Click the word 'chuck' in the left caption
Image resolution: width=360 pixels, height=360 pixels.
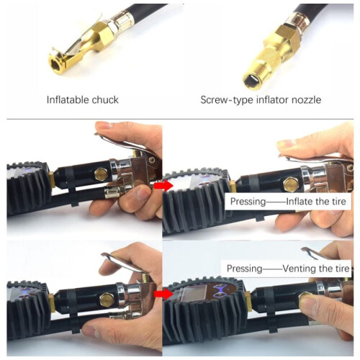[105, 99]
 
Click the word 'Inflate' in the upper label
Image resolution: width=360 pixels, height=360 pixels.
[300, 202]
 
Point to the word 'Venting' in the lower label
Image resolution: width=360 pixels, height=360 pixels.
[297, 269]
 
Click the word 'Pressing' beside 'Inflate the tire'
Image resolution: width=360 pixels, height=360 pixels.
[248, 202]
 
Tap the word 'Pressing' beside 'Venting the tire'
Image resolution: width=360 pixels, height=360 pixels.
[245, 269]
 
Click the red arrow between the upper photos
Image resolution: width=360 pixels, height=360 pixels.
[163, 186]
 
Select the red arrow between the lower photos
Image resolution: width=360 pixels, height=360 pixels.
[163, 294]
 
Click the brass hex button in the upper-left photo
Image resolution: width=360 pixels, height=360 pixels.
[101, 174]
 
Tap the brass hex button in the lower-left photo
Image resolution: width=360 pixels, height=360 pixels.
[106, 300]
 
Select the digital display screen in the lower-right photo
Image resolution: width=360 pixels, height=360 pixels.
[194, 294]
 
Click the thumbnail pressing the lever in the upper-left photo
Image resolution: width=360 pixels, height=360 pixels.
[104, 125]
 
